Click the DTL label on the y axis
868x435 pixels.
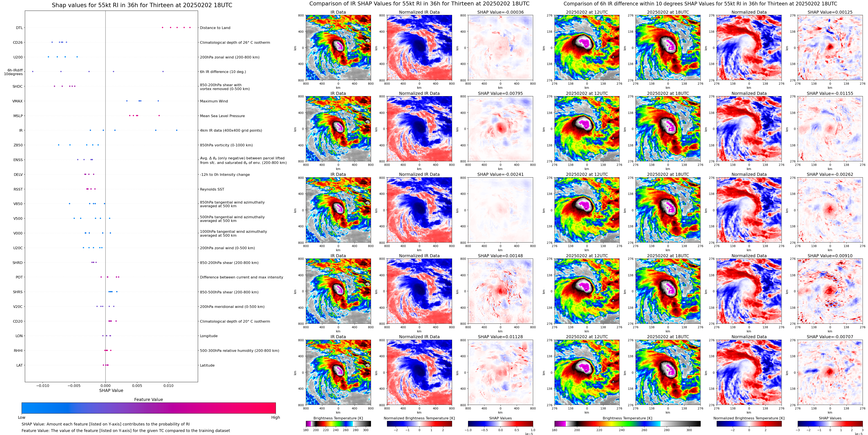[x=19, y=28]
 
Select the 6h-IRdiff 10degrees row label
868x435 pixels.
[x=13, y=72]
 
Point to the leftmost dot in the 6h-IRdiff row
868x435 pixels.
[x=33, y=71]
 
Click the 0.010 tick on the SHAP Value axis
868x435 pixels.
[x=168, y=385]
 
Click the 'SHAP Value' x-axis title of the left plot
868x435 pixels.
[x=111, y=390]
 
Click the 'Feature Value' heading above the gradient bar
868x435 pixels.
[x=148, y=399]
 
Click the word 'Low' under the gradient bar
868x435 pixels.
[x=22, y=417]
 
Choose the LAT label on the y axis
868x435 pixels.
[x=19, y=365]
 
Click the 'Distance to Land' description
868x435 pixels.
[x=215, y=28]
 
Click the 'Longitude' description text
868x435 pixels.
[x=209, y=336]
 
